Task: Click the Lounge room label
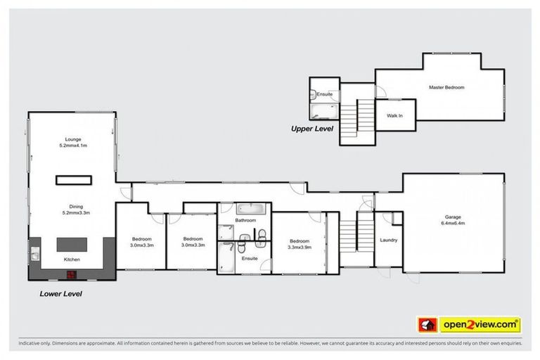coord(72,139)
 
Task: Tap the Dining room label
coord(72,206)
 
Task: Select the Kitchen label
coord(72,260)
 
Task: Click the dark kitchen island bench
coord(72,244)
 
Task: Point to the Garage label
coord(452,217)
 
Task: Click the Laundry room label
coord(388,240)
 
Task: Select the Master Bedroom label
coord(446,87)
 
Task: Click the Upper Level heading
coord(313,129)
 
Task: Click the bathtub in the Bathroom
coord(249,209)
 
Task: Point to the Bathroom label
coord(245,221)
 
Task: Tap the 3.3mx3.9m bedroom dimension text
coord(299,247)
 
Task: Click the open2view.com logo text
coord(480,325)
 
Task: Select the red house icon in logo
coord(426,325)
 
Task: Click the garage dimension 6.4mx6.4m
coord(453,224)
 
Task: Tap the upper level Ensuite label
coord(324,94)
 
